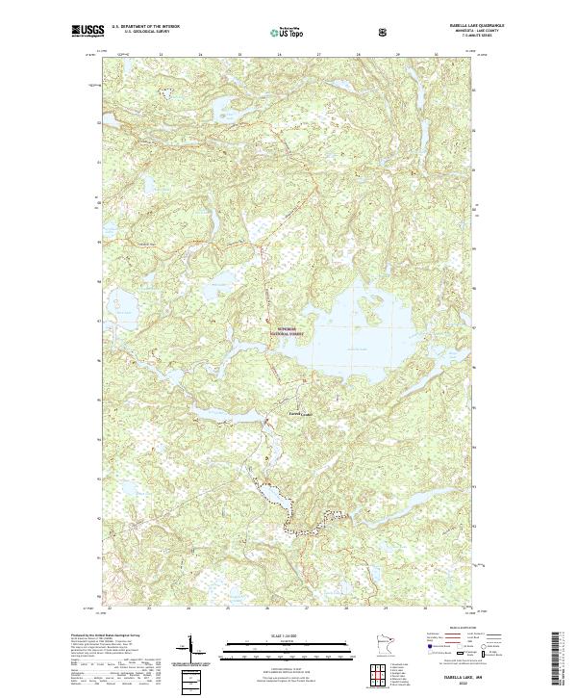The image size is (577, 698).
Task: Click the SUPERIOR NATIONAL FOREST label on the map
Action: coord(289,331)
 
